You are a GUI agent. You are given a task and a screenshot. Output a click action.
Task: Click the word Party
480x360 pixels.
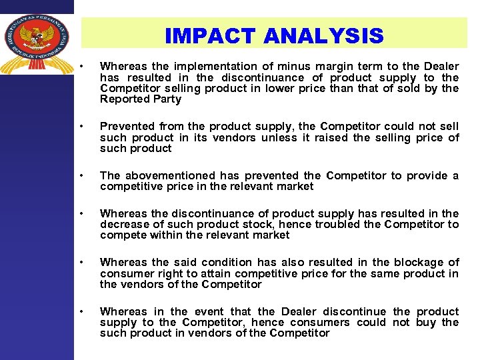point(167,99)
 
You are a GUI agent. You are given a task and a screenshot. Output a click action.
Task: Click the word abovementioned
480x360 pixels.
point(169,175)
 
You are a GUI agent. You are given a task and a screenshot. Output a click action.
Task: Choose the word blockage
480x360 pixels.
point(417,262)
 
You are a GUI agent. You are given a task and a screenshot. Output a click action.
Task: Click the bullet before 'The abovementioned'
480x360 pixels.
point(81,175)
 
